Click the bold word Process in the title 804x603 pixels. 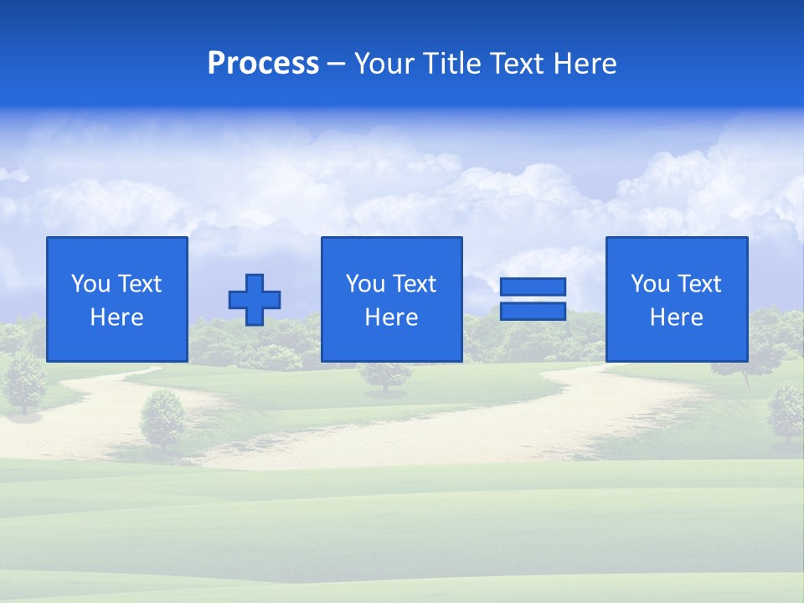[263, 64]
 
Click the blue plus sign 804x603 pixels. [255, 299]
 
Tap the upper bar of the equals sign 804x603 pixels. [533, 286]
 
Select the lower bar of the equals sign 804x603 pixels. [533, 311]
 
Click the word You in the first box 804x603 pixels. [90, 284]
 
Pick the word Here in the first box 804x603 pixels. [117, 317]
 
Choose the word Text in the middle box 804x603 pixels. [414, 284]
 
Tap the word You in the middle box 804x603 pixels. [365, 284]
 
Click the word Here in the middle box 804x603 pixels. [392, 317]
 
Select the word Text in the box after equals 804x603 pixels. [698, 284]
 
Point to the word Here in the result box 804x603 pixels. [677, 317]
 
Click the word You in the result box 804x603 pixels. [650, 284]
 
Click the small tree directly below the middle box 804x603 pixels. [386, 376]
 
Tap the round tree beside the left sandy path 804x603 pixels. [162, 417]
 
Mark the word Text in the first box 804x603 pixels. [139, 284]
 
